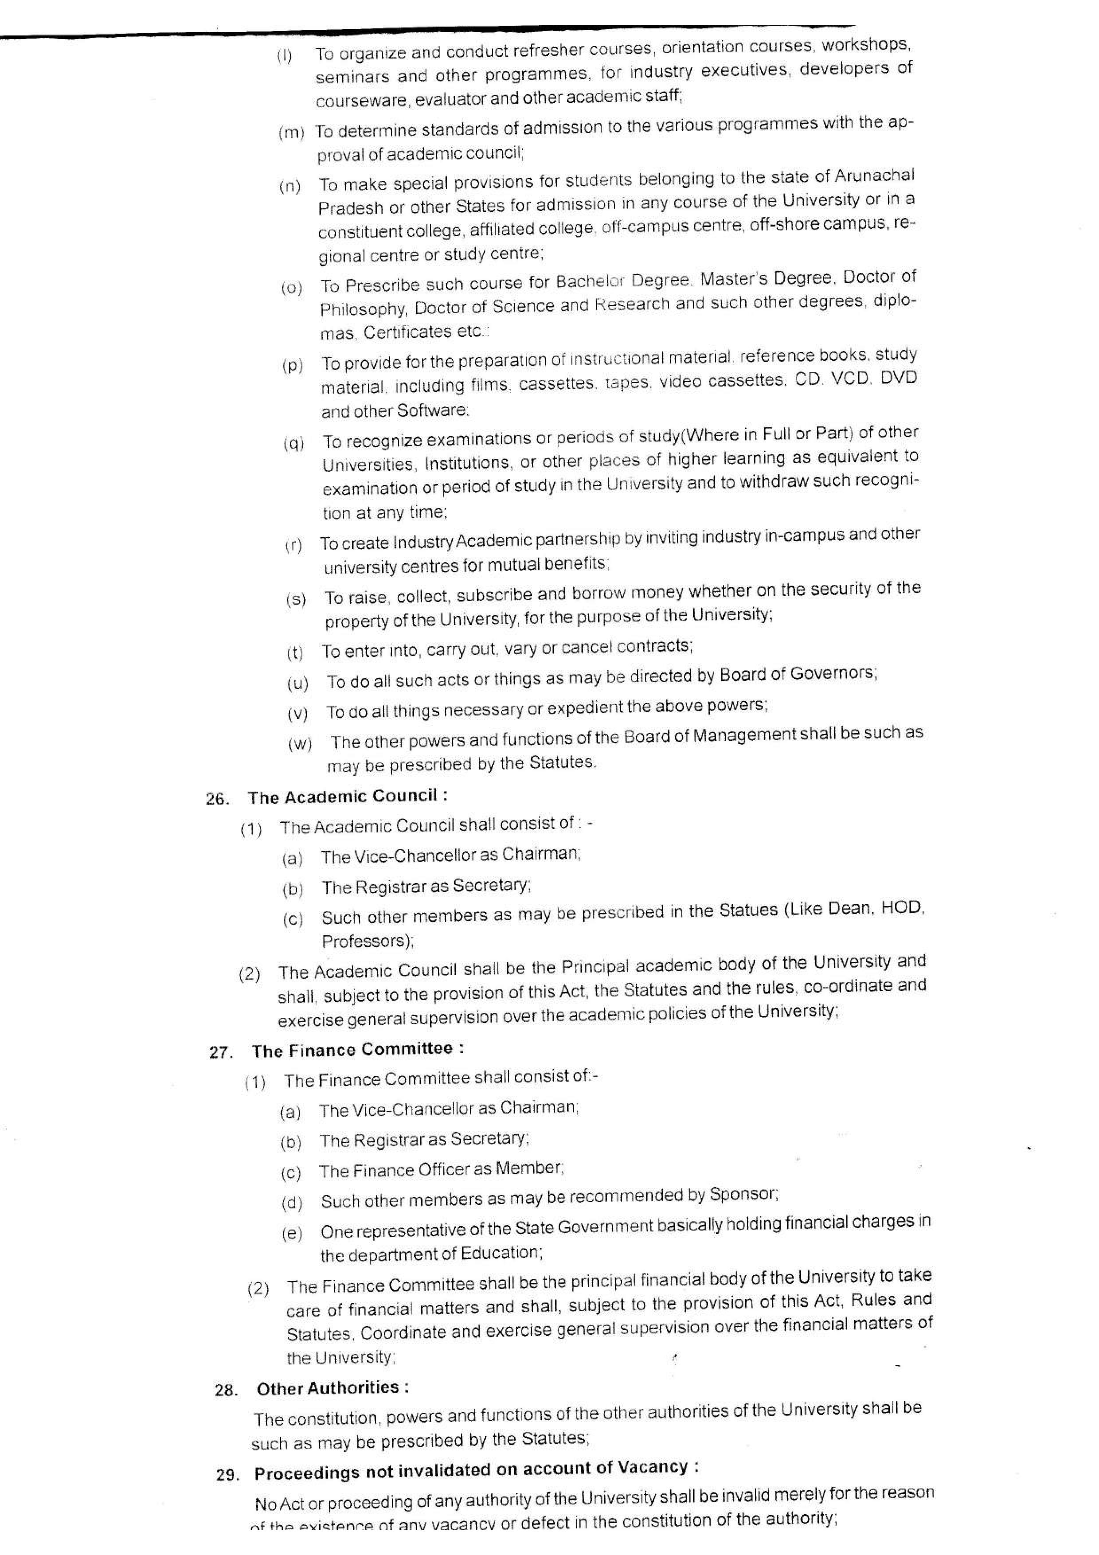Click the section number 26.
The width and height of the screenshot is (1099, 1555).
pos(217,799)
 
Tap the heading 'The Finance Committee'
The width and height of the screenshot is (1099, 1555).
pos(352,1050)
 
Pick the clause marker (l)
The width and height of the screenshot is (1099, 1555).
pos(285,56)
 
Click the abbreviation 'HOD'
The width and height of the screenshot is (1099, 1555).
pos(903,908)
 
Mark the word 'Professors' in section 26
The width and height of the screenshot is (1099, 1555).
pos(366,942)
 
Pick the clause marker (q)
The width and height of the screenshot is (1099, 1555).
pos(294,444)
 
